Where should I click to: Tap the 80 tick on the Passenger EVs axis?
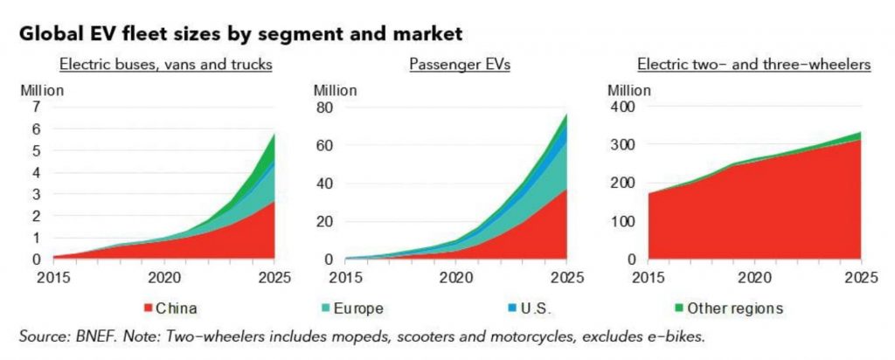[x=323, y=107]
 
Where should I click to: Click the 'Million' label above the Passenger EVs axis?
[x=335, y=88]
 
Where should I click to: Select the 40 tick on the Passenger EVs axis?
[x=323, y=183]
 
